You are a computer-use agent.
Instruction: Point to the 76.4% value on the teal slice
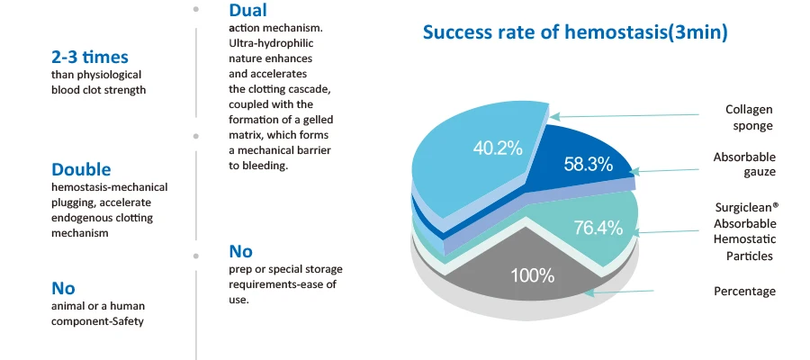[598, 228]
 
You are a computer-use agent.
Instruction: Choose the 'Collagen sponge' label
[750, 117]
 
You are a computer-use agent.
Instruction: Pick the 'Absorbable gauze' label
[744, 164]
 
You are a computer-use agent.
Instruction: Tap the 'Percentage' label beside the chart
[744, 292]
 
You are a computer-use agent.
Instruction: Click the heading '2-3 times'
[90, 57]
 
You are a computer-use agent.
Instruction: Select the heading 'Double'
[81, 169]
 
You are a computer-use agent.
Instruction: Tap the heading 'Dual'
[247, 11]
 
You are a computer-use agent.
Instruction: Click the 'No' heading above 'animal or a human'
[63, 288]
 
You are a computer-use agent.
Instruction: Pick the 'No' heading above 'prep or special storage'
[241, 251]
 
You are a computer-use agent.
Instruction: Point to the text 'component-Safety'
[97, 321]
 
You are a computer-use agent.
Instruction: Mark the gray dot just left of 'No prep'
[196, 256]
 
